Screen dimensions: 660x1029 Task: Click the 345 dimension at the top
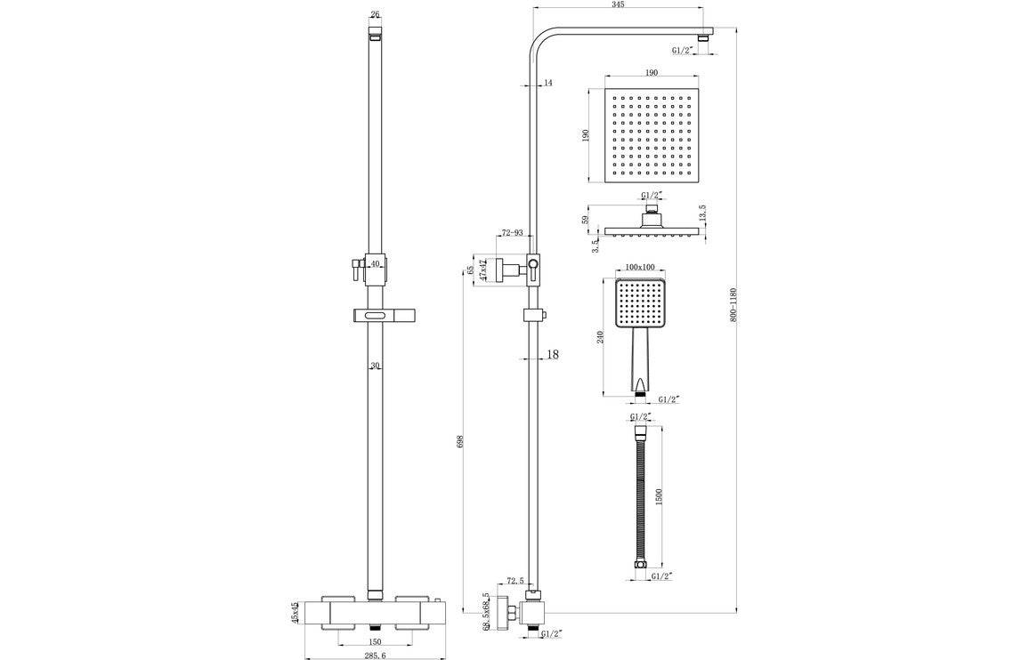(618, 4)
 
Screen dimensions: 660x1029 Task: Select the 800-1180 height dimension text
(733, 305)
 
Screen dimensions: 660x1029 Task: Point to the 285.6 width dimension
(374, 655)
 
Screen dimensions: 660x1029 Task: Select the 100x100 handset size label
(640, 267)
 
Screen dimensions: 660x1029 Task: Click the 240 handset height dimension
(602, 337)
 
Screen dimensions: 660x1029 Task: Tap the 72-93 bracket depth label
(512, 233)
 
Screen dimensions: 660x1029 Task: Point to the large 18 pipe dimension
(552, 355)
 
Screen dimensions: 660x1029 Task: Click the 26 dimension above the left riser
(374, 14)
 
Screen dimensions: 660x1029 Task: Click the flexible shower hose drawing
(640, 494)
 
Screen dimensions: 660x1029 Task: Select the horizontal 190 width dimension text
(652, 73)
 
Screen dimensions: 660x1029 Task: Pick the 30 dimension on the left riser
(375, 366)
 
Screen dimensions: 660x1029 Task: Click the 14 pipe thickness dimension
(547, 83)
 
